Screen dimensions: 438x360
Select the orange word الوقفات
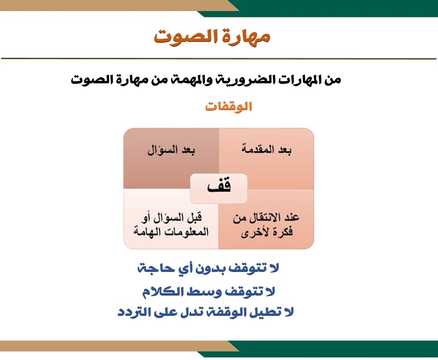[x=229, y=106]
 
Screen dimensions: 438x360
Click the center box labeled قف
[x=219, y=189]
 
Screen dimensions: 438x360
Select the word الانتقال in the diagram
[x=264, y=217]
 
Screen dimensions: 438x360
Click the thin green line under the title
[x=219, y=59]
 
